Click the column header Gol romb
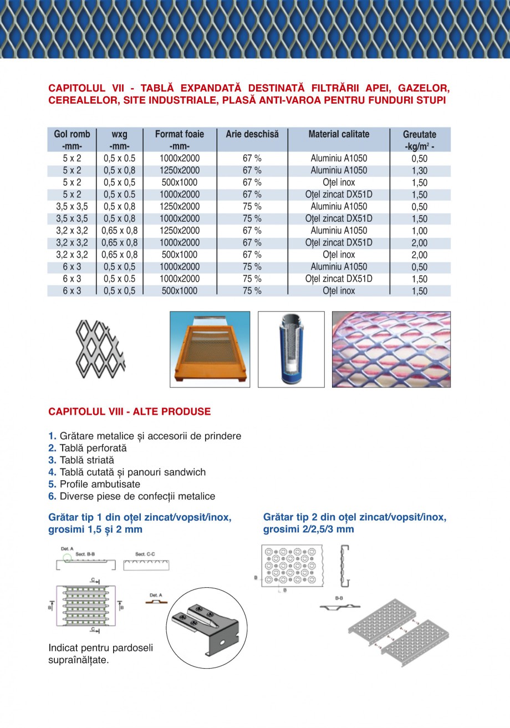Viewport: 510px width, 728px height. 72,134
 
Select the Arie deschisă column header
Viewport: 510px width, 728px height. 252,134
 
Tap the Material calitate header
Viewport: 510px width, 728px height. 339,134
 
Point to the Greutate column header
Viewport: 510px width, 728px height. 420,135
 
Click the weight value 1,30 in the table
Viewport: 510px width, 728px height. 420,171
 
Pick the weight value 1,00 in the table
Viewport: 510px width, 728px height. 420,231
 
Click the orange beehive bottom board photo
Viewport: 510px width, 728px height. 209,349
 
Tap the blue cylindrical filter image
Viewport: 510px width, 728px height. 290,349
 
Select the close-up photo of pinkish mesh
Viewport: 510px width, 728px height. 391,349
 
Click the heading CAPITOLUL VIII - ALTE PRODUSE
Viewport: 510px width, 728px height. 130,411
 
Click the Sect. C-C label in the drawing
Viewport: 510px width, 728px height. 145,554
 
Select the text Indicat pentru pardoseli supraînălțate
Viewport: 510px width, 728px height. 100,654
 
